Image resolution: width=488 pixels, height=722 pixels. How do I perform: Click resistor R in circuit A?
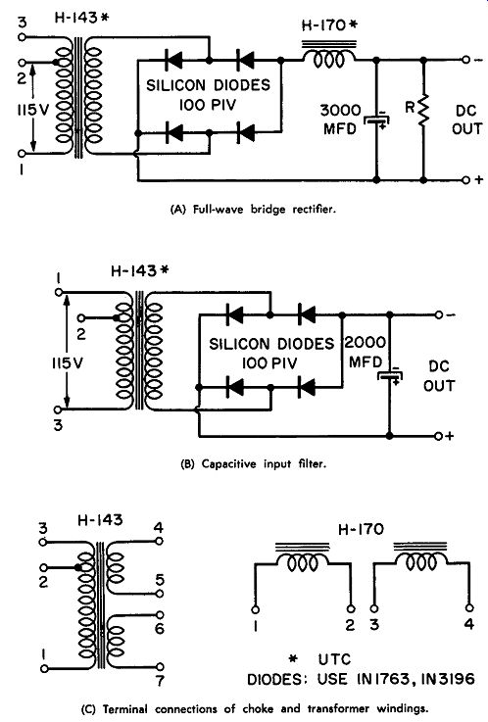pyautogui.click(x=423, y=109)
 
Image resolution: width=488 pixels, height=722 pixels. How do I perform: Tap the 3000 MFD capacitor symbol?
pyautogui.click(x=377, y=120)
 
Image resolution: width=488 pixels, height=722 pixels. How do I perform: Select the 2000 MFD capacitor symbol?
pyautogui.click(x=390, y=376)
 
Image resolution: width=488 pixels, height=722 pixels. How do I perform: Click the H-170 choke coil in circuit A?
pyautogui.click(x=329, y=60)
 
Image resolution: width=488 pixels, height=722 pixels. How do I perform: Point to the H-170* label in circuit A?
pyautogui.click(x=329, y=24)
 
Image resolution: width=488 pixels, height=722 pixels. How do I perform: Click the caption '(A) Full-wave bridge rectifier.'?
pyautogui.click(x=253, y=210)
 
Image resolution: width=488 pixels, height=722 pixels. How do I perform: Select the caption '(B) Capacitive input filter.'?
pyautogui.click(x=253, y=463)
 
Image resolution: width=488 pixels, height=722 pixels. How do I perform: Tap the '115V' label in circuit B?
pyautogui.click(x=68, y=363)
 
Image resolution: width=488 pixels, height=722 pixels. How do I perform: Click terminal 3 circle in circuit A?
pyautogui.click(x=23, y=37)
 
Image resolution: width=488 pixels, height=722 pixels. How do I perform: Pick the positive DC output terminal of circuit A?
pyautogui.click(x=465, y=179)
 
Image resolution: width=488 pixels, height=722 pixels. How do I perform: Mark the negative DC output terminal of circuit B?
pyautogui.click(x=439, y=314)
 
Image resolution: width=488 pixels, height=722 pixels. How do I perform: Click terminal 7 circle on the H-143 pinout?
pyautogui.click(x=160, y=667)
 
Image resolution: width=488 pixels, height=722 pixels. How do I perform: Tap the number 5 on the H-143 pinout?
pyautogui.click(x=160, y=580)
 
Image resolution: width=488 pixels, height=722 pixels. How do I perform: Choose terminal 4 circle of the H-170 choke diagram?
pyautogui.click(x=468, y=608)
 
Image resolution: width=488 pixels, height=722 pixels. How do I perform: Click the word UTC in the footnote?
pyautogui.click(x=334, y=659)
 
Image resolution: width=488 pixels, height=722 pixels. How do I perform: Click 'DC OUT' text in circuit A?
pyautogui.click(x=466, y=120)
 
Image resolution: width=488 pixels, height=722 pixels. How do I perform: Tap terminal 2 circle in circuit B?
pyautogui.click(x=81, y=317)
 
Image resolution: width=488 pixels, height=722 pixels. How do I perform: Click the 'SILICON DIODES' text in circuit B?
pyautogui.click(x=271, y=344)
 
